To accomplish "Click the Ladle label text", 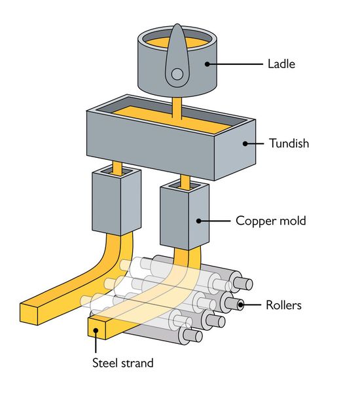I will click(x=281, y=64).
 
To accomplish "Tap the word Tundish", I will click(x=288, y=142).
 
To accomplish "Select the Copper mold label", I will click(x=270, y=221).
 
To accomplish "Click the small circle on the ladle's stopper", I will click(x=177, y=75).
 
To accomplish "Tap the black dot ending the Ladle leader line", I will click(x=206, y=64).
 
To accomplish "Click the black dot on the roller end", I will click(x=241, y=305).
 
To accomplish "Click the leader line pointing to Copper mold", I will click(x=216, y=221).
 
